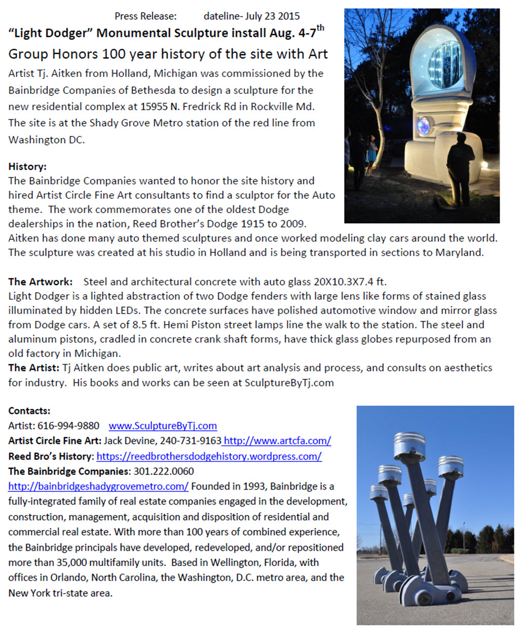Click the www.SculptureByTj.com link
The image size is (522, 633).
tap(163, 426)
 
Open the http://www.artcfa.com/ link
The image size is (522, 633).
tap(277, 440)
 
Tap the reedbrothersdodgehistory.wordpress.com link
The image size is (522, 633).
tap(209, 455)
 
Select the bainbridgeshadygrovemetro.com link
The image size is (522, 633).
tap(98, 486)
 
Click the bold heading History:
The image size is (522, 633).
tap(27, 166)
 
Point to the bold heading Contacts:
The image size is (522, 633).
tap(29, 410)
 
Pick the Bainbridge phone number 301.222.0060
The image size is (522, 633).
tap(163, 471)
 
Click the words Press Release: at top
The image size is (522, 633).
tap(145, 16)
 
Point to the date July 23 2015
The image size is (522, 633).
tap(272, 16)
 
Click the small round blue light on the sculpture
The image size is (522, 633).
tap(424, 125)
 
